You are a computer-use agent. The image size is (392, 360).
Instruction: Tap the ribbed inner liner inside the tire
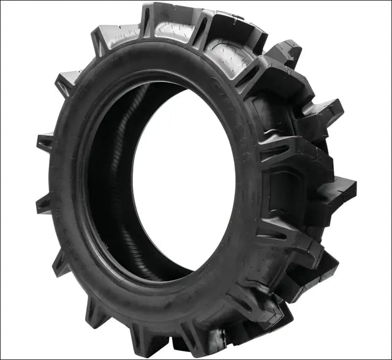tap(116, 184)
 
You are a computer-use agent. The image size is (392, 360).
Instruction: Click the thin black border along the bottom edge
tap(196, 358)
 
